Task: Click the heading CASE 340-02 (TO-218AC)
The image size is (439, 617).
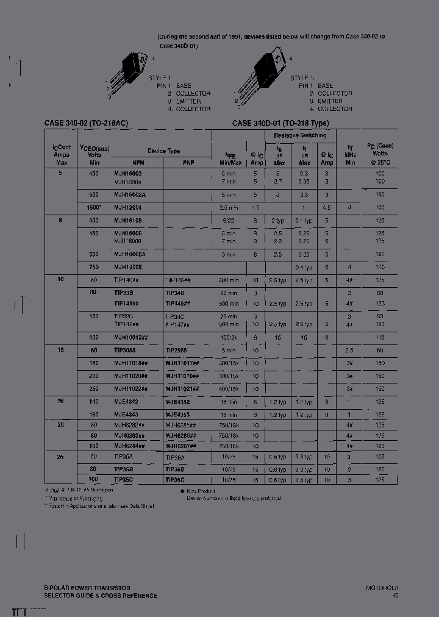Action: [86, 123]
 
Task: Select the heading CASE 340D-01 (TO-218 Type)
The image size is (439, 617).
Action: [280, 123]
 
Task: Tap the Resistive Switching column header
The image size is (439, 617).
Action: [300, 135]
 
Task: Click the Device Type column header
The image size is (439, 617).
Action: [163, 151]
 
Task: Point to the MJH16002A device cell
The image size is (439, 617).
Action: [129, 194]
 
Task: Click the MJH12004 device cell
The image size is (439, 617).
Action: [127, 207]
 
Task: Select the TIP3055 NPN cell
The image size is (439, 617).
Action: [125, 351]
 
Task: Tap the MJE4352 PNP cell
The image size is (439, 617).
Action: [177, 402]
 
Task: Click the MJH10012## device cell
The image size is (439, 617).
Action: [131, 337]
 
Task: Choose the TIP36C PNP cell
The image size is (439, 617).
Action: [176, 480]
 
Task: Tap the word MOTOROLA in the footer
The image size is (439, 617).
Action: [382, 588]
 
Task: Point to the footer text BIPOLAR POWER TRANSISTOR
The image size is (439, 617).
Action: [87, 588]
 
